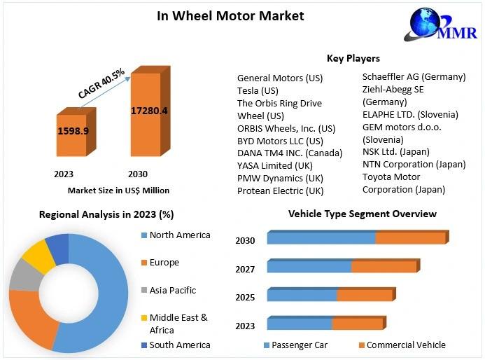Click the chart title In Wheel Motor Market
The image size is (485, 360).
point(230,15)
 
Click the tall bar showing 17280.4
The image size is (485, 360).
point(148,112)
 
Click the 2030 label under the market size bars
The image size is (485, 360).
point(138,174)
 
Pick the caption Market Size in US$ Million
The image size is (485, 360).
point(118,190)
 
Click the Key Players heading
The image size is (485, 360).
point(353,58)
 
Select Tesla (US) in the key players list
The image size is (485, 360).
point(258,90)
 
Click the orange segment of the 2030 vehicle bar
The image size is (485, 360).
point(410,238)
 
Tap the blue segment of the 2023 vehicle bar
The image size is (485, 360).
point(300,323)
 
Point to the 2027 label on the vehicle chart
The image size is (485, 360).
point(245,269)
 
